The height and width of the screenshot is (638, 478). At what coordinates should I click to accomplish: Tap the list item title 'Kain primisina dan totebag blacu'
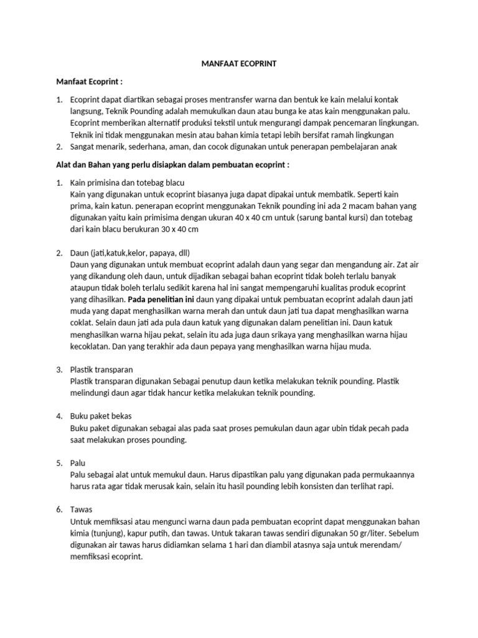128,183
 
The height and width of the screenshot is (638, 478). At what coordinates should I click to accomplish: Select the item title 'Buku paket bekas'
101,416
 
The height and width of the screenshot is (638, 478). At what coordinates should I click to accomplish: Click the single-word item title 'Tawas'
82,509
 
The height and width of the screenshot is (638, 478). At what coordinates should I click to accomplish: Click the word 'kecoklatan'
92,346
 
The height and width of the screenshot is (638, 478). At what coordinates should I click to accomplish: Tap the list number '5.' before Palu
60,463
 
